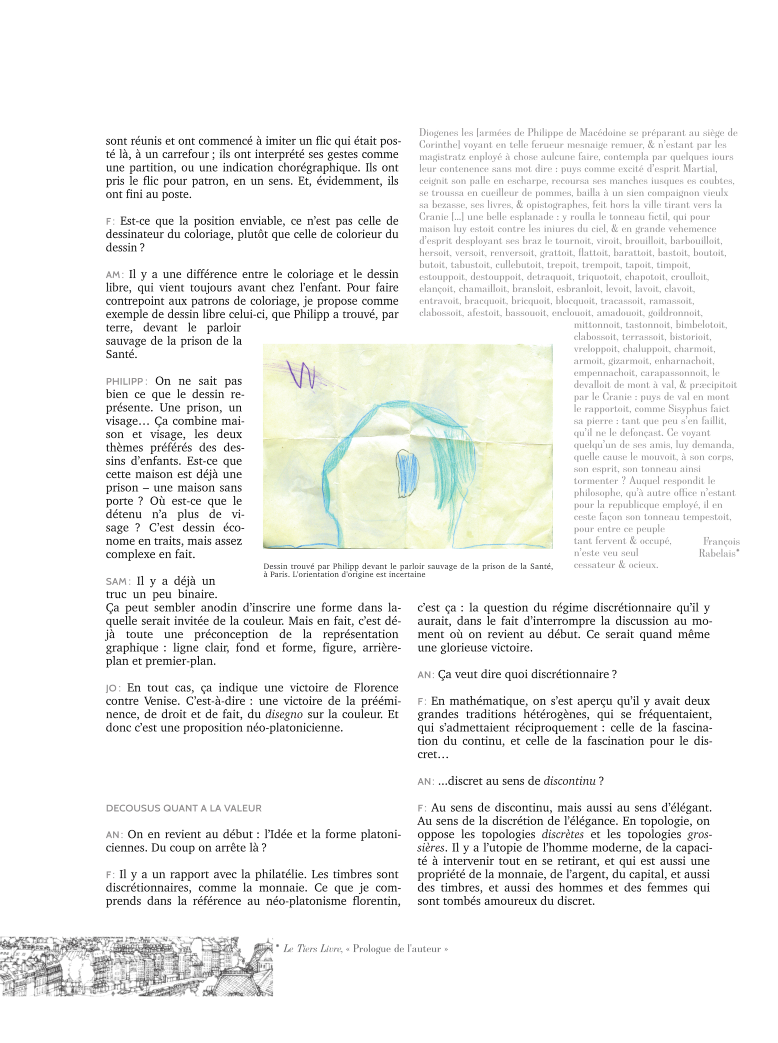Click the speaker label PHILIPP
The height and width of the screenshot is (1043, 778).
[x=126, y=381]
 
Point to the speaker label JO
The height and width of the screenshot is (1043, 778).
[x=112, y=688]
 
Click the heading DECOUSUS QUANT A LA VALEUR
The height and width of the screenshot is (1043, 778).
[x=184, y=808]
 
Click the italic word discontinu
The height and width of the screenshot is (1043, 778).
[x=569, y=781]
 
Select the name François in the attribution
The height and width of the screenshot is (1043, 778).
[x=721, y=541]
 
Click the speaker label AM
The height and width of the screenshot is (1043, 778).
[x=114, y=275]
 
